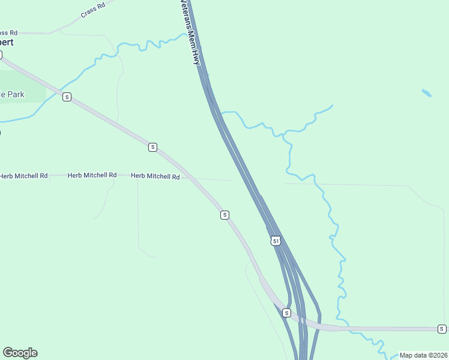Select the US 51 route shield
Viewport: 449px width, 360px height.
point(275,241)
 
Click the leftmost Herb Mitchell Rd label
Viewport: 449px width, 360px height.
point(23,176)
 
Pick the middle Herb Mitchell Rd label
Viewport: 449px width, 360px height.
point(92,175)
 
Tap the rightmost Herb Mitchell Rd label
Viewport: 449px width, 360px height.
point(155,176)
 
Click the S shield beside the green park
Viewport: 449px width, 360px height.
point(67,97)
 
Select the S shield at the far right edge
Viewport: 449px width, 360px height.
point(442,329)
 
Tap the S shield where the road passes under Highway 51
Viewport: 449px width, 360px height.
point(286,313)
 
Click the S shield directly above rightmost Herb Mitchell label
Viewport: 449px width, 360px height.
point(152,147)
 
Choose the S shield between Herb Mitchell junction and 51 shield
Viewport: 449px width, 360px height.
point(224,215)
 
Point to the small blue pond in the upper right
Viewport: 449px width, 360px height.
point(426,93)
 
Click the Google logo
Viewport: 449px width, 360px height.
point(20,353)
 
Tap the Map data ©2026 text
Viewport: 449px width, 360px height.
point(423,355)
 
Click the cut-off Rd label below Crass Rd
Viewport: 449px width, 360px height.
point(9,32)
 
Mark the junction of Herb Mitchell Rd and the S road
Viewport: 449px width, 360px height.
point(187,177)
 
